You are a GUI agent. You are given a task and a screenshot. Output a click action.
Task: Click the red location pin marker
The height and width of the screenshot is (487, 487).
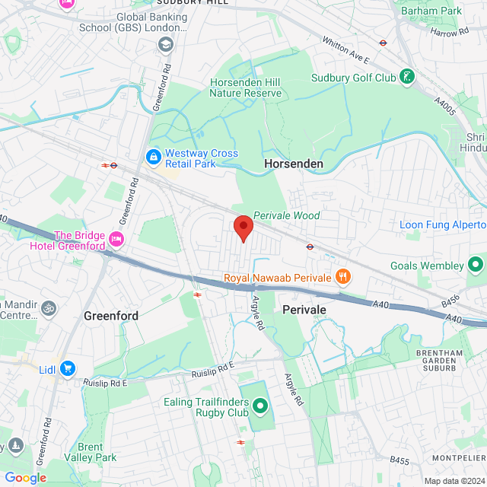(x=243, y=228)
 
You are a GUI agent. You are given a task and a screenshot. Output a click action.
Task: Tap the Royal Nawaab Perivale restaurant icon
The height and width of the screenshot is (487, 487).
(x=342, y=277)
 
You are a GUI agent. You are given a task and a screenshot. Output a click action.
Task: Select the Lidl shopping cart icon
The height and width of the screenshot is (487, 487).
(x=68, y=368)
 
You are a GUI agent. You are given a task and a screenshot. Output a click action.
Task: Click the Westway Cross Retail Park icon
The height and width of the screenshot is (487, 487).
(x=153, y=158)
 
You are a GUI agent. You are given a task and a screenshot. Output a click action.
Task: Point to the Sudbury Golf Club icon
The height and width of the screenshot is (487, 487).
(x=409, y=77)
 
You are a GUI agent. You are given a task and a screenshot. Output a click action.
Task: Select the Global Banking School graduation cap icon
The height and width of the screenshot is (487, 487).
(x=165, y=45)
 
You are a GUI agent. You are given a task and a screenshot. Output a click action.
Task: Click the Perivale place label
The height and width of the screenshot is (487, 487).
(x=304, y=310)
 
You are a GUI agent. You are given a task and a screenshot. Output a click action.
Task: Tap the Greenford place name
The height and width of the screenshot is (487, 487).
(x=110, y=315)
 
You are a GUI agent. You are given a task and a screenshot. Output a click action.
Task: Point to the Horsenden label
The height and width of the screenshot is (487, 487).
(x=293, y=164)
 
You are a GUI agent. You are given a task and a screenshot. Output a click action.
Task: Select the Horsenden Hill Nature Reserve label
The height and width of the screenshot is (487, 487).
(x=245, y=88)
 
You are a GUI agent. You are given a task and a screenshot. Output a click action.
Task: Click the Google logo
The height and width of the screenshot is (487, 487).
(x=25, y=478)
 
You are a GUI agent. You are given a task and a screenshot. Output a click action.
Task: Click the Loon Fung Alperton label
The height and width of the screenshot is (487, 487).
(x=443, y=224)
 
